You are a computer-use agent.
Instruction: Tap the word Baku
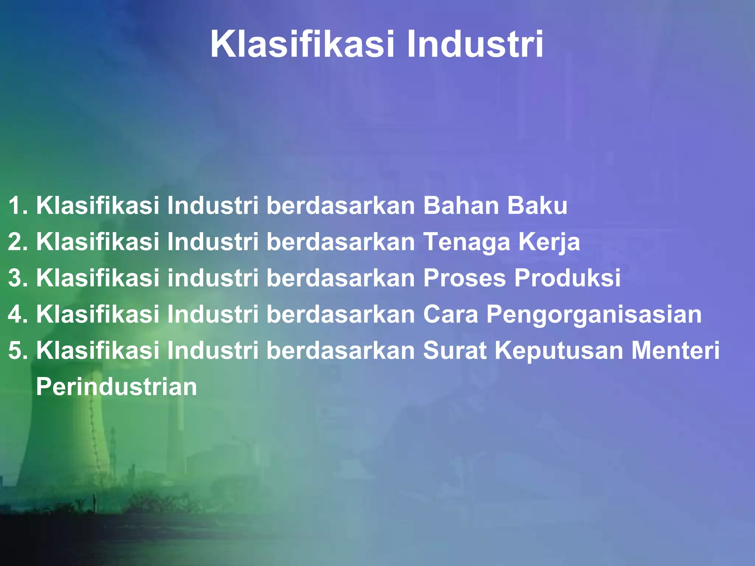pos(537,205)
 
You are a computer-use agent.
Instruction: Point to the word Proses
pos(465,278)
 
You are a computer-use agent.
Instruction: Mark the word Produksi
pos(568,277)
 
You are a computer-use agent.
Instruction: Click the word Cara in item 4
pos(450,314)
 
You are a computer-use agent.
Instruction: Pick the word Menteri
pos(675,350)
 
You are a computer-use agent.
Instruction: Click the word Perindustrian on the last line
pos(116,387)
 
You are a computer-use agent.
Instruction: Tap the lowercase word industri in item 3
pos(213,277)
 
